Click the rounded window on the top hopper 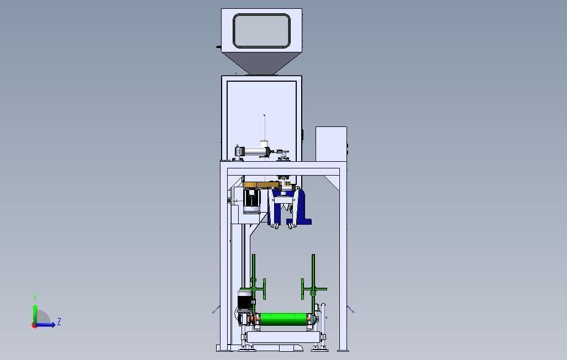[261, 31]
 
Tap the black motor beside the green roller [244, 301]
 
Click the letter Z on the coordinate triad [59, 322]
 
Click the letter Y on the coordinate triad [35, 298]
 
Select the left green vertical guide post [254, 282]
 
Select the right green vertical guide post [313, 282]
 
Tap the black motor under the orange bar [251, 200]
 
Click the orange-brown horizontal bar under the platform [260, 185]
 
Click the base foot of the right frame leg [343, 349]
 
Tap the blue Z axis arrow [47, 325]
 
